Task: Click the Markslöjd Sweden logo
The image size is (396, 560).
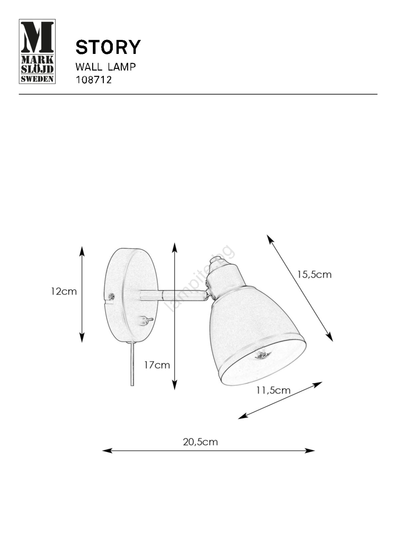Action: click(x=37, y=51)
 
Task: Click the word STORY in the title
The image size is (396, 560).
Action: click(x=108, y=47)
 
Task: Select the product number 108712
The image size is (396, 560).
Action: click(x=93, y=80)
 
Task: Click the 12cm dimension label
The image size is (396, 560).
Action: click(x=64, y=292)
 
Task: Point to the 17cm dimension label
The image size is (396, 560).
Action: click(x=157, y=365)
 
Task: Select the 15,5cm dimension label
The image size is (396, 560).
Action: click(x=314, y=275)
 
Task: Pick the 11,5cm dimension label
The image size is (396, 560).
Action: click(x=273, y=390)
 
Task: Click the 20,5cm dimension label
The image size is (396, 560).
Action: click(x=200, y=442)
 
